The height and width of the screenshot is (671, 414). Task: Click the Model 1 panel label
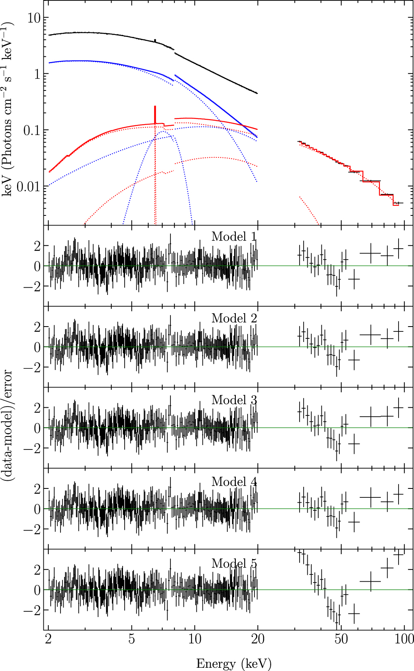point(234,237)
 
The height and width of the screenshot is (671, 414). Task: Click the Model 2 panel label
point(234,318)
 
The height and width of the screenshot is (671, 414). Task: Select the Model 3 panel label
point(234,400)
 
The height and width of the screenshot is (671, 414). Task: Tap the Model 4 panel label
point(234,482)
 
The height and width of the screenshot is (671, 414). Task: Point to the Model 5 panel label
point(234,563)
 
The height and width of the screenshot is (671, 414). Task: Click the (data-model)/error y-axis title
point(7,426)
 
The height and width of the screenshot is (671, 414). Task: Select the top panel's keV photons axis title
point(7,110)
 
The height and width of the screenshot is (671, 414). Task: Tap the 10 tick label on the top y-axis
point(34,18)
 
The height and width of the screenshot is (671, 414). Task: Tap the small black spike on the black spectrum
point(155,40)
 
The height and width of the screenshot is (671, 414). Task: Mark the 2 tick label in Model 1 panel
point(37,246)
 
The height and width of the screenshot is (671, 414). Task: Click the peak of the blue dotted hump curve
point(163,131)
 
